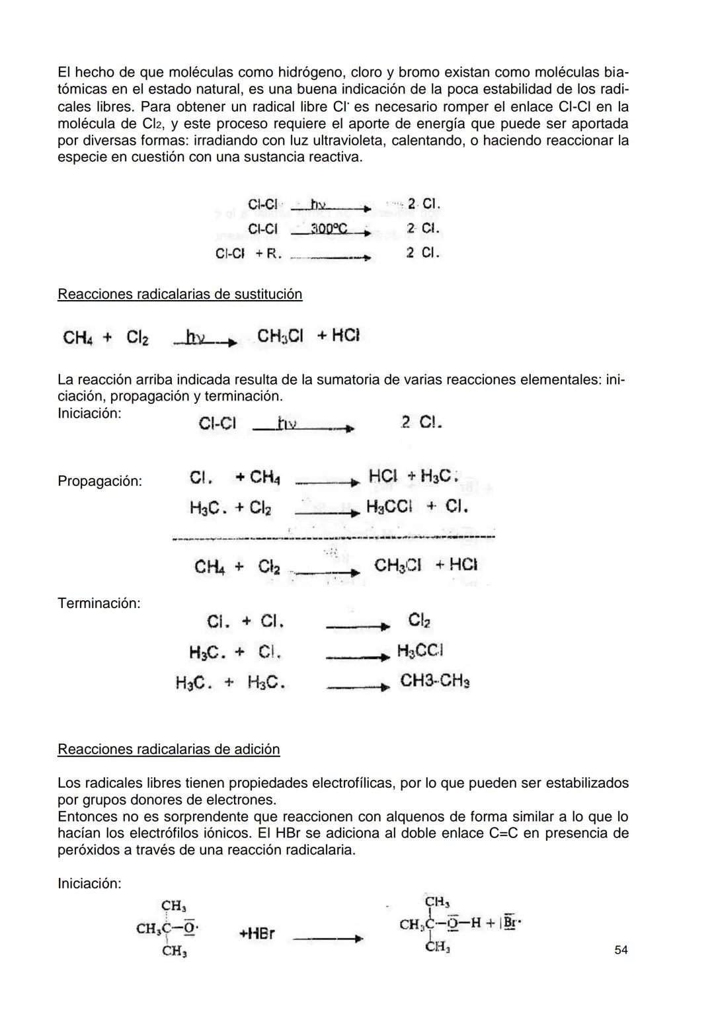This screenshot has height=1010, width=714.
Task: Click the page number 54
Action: [x=621, y=950]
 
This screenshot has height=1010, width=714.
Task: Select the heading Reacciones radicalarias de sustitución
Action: [x=180, y=294]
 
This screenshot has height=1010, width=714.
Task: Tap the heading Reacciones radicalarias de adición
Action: [x=169, y=749]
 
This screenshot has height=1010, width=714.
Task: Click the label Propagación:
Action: [x=100, y=481]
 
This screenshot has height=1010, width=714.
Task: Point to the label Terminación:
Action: [x=99, y=603]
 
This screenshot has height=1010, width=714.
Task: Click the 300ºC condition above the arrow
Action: [x=329, y=228]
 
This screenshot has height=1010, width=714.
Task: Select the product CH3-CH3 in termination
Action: [x=434, y=681]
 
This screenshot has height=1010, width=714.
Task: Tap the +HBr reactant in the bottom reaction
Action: [x=257, y=933]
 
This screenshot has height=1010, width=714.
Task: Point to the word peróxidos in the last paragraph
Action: [x=88, y=849]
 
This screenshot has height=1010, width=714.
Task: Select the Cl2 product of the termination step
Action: [x=419, y=620]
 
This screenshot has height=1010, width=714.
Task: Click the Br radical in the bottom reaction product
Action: [x=510, y=923]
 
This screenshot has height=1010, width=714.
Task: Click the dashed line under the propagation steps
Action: [x=334, y=537]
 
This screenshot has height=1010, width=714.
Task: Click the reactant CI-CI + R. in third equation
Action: [x=249, y=253]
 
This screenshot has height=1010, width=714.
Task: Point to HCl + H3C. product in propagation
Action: [x=413, y=476]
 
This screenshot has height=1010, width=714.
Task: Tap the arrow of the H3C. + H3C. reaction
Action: [x=358, y=687]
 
